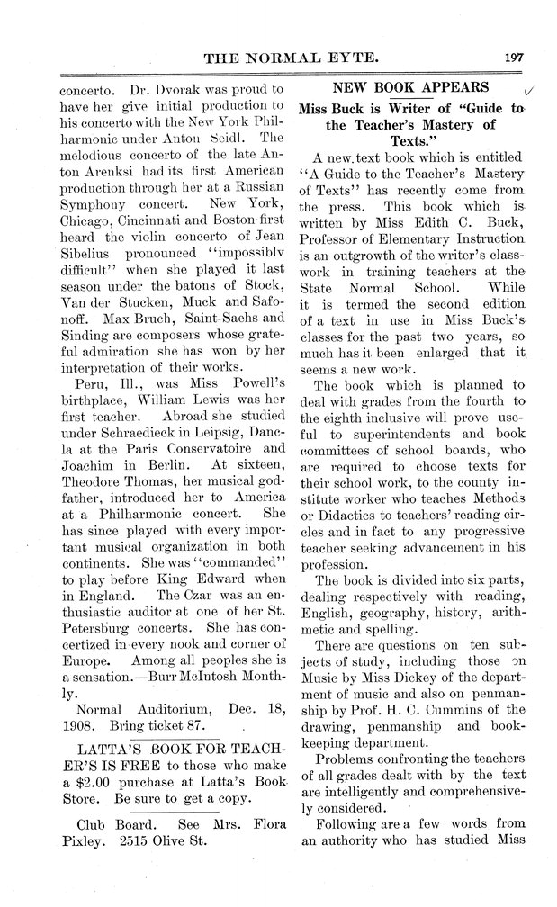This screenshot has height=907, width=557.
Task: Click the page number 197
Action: point(509,57)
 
